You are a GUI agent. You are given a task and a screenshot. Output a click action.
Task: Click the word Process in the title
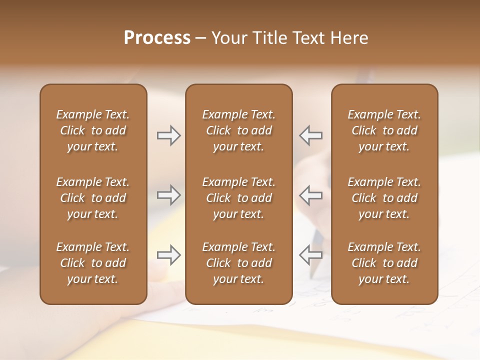pos(157,38)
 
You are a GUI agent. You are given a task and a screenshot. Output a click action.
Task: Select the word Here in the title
pos(348,38)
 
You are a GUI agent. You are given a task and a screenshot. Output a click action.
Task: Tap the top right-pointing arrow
pos(168,135)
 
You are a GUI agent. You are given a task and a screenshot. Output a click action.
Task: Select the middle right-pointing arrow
pos(168,195)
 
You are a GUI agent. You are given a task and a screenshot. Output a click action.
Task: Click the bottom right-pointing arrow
pos(168,255)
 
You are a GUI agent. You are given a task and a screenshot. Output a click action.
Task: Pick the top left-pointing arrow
pos(311,135)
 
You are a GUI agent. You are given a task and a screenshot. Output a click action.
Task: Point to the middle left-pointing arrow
pos(311,195)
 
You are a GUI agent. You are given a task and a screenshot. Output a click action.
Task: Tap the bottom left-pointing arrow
pos(311,255)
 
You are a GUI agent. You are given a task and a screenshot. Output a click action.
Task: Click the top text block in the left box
pos(93,130)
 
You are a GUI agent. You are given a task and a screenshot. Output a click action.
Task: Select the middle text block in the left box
pos(93,198)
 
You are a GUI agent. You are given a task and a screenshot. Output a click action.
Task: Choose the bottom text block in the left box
pos(93,263)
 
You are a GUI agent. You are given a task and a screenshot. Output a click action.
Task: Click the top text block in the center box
pos(238,130)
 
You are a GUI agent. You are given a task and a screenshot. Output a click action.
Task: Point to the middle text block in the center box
pos(238,198)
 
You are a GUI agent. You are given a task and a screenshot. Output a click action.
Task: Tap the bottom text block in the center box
pos(238,263)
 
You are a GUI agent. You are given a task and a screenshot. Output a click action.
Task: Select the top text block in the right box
pos(384,130)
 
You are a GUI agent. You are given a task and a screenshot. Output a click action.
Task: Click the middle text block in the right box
pos(384,198)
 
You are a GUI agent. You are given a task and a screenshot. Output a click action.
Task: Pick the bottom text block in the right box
pos(384,263)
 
